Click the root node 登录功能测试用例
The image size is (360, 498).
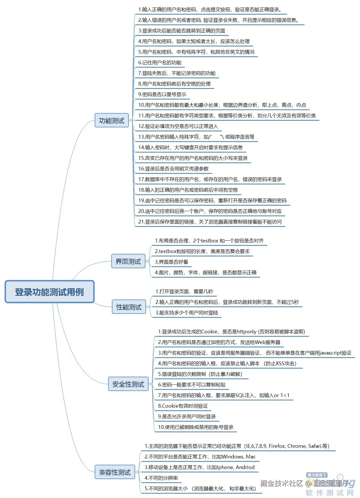(49, 292)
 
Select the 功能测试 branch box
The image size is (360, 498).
(112, 120)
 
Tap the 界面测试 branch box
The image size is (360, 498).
(128, 261)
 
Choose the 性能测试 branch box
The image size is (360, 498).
(129, 307)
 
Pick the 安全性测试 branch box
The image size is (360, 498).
(128, 384)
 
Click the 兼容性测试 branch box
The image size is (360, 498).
(115, 472)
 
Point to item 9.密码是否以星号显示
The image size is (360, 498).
(162, 94)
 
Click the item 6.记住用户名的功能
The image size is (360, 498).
(160, 63)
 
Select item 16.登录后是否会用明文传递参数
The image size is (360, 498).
(173, 169)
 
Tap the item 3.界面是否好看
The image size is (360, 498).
(172, 262)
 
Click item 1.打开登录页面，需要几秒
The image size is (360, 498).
(184, 291)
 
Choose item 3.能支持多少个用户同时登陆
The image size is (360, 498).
(187, 313)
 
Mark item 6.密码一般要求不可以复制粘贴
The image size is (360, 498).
(192, 385)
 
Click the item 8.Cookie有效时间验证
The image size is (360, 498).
(183, 406)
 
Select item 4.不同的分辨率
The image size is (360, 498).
(161, 478)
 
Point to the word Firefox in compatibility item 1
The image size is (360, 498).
(277, 446)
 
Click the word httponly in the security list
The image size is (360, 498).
(247, 332)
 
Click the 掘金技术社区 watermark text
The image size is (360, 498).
(281, 483)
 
